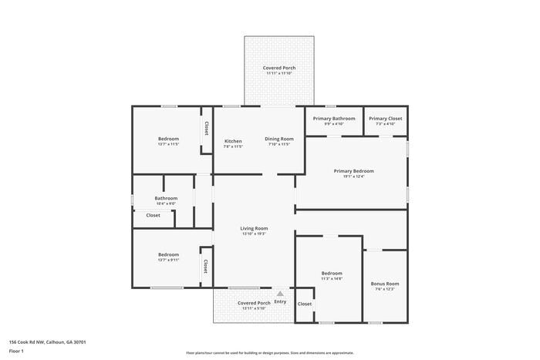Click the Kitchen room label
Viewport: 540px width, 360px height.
pos(233,141)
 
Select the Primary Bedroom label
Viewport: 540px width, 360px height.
pos(353,170)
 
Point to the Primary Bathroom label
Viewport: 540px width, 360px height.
pos(334,118)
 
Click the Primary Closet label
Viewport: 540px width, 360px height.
pos(385,118)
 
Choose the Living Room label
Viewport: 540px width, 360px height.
pos(254,228)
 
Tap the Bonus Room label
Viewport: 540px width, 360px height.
pos(384,284)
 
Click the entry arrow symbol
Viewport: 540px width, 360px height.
pos(280,293)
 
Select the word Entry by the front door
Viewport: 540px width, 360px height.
pos(280,301)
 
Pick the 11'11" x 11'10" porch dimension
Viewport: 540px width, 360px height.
pos(278,74)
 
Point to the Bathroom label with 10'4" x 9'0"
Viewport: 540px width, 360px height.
pos(166,198)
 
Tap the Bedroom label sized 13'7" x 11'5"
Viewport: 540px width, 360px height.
pos(168,139)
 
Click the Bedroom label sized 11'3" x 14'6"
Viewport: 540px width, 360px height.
pos(332,274)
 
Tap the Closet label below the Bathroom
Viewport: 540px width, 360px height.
pos(153,215)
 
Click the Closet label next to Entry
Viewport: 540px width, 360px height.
pos(305,304)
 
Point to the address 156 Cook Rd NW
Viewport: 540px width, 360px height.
pos(47,341)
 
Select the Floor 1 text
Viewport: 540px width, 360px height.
pos(16,351)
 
